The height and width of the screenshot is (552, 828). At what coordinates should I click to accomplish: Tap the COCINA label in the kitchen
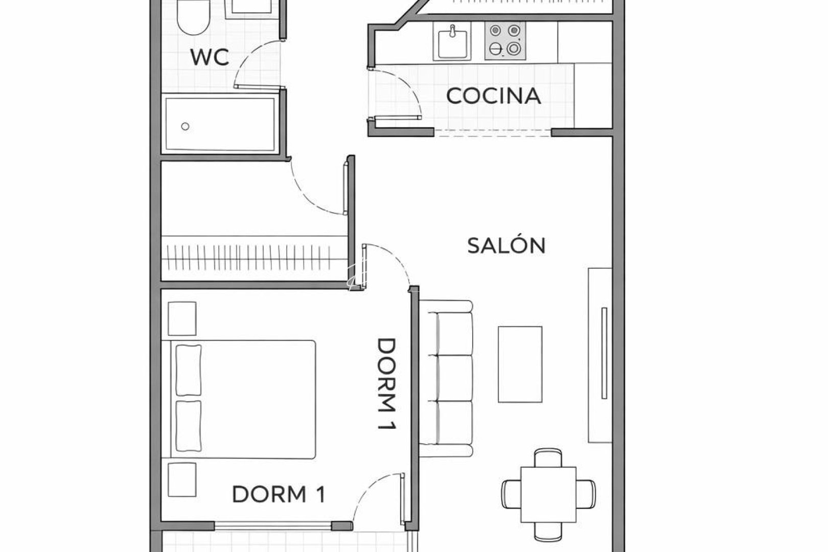click(x=493, y=96)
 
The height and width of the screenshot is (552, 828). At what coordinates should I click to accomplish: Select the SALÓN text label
click(x=507, y=246)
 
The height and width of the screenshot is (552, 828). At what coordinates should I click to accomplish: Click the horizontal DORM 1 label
click(x=279, y=494)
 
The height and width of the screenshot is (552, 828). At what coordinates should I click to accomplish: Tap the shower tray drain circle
click(x=186, y=126)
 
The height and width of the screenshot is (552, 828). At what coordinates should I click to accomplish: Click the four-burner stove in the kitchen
click(x=505, y=41)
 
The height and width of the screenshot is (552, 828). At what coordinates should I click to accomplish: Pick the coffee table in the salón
click(x=520, y=364)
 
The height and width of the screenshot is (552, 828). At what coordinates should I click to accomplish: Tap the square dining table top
click(x=548, y=494)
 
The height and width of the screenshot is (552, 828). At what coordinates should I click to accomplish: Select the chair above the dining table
click(x=548, y=457)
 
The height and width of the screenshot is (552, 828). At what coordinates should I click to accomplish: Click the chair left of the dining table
click(x=511, y=494)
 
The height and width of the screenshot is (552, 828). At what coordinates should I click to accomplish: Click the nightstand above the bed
click(x=182, y=318)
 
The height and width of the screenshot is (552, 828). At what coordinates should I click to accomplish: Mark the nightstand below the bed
click(x=182, y=479)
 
